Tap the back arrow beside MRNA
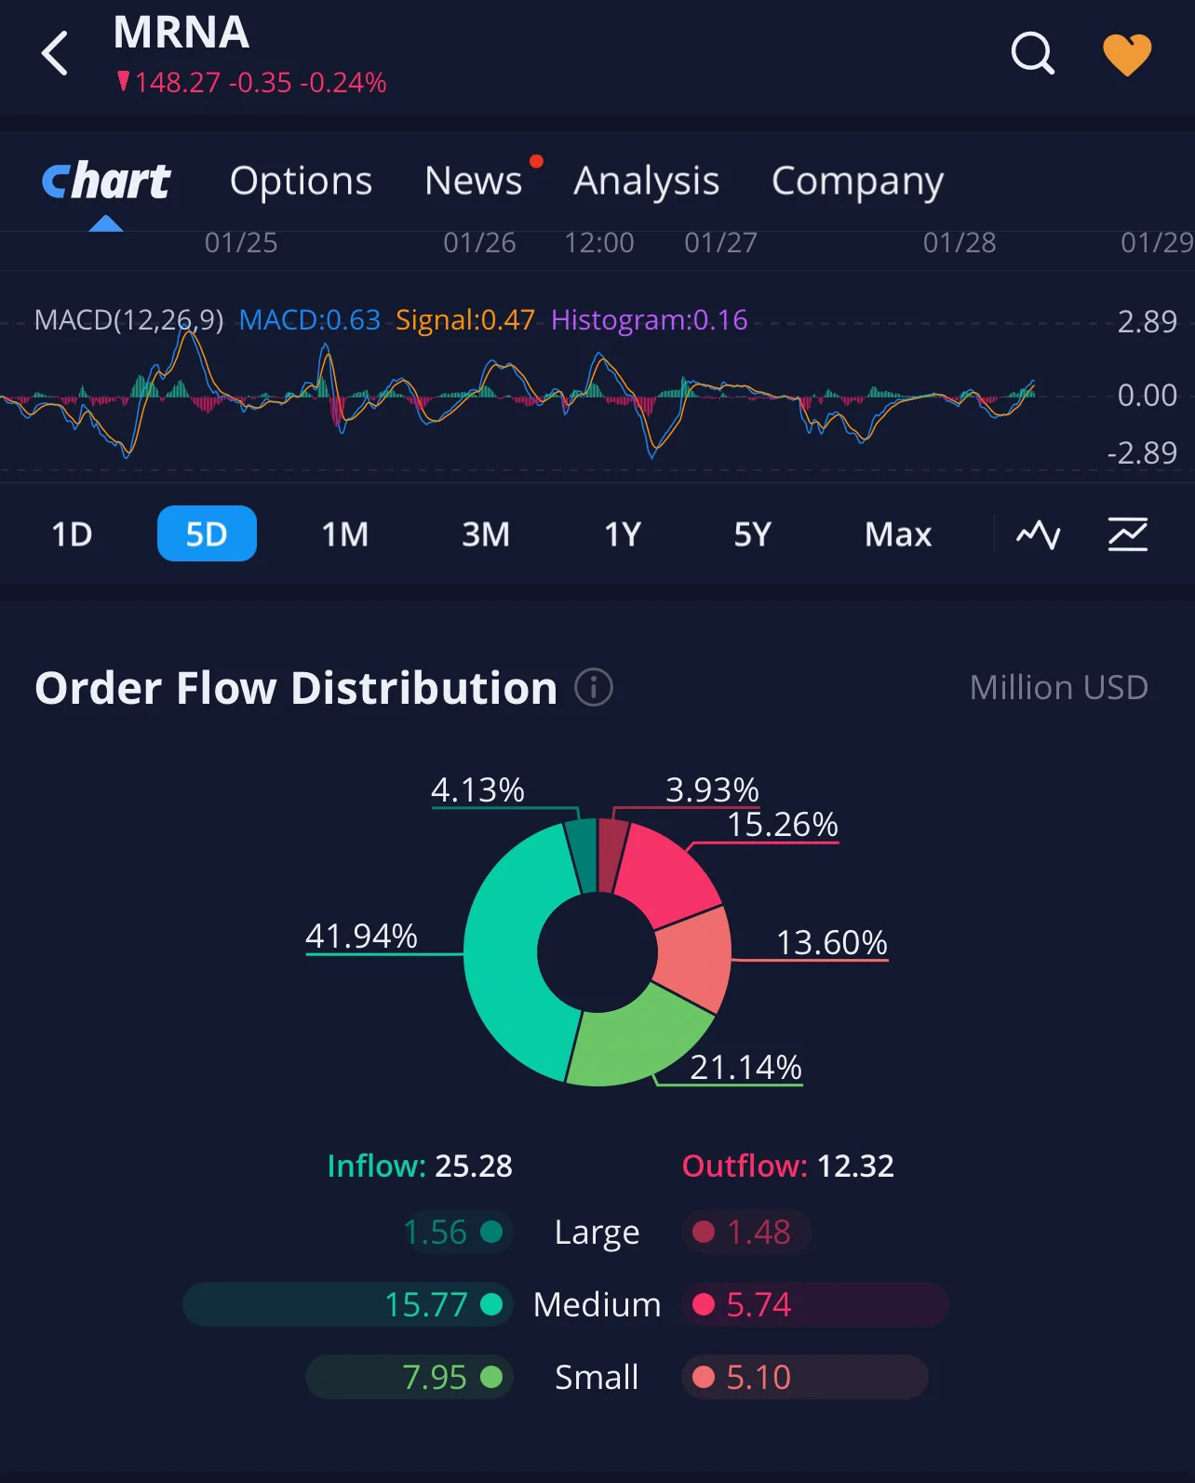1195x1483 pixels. tap(54, 53)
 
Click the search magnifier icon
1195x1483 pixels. tap(1032, 53)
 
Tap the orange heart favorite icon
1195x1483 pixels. tap(1127, 54)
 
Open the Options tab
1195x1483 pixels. tap(301, 182)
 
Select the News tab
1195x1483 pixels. tap(473, 182)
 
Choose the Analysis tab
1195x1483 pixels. tap(647, 182)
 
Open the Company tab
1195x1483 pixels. tap(857, 182)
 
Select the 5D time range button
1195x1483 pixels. tap(207, 533)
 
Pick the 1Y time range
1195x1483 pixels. tap(623, 534)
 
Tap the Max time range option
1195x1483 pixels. tap(898, 534)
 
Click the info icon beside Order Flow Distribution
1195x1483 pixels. tap(594, 687)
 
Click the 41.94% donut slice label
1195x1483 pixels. tap(361, 936)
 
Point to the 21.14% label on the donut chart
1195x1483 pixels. tap(745, 1067)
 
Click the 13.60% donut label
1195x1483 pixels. tap(832, 942)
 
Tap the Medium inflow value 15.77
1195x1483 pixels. tap(426, 1304)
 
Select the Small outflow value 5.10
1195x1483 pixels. tap(759, 1377)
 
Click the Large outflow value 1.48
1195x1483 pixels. tap(759, 1232)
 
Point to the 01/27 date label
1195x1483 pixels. tap(721, 243)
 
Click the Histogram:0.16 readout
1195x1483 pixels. tap(650, 319)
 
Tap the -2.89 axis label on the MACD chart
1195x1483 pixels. tap(1142, 452)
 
